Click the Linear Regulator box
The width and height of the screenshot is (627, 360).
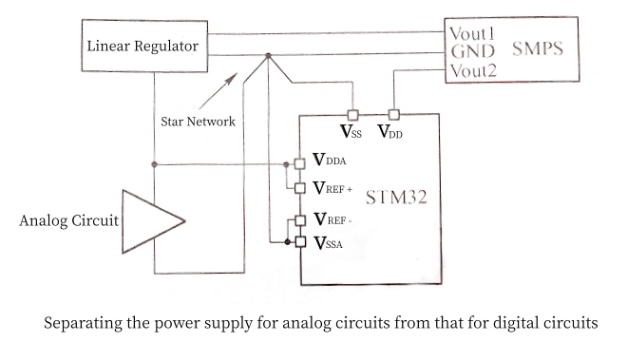point(142,47)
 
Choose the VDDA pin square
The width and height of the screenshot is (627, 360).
point(298,163)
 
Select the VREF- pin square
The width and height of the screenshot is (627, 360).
point(298,220)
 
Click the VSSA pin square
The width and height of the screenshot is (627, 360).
point(298,243)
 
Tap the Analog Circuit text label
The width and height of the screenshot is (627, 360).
point(69,222)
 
